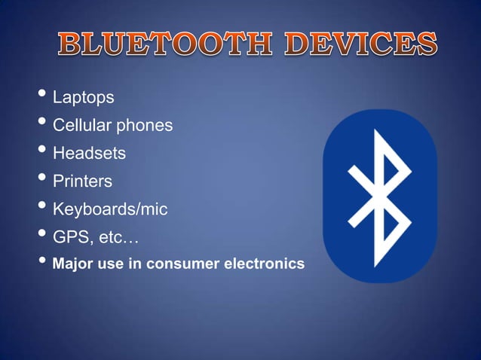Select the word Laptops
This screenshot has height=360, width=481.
[x=83, y=98]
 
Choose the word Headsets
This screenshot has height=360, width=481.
[x=88, y=154]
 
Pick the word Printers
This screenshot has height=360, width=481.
[x=82, y=182]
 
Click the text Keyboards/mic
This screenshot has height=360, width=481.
[x=109, y=210]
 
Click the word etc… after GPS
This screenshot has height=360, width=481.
[x=118, y=238]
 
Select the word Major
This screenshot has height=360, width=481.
[x=72, y=264]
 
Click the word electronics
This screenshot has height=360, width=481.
[x=265, y=264]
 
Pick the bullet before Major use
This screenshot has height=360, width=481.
[x=42, y=262]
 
